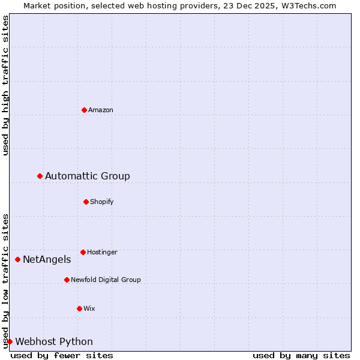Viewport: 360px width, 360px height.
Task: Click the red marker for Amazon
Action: (84, 110)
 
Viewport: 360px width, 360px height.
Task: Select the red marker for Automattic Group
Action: (40, 176)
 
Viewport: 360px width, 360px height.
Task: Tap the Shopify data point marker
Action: (86, 202)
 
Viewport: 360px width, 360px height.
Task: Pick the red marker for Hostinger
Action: (83, 252)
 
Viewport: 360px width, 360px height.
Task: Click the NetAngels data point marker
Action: (17, 259)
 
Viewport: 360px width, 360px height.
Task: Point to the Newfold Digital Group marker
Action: (67, 280)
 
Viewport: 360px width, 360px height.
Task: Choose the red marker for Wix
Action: (79, 308)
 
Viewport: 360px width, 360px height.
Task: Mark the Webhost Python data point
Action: (10, 341)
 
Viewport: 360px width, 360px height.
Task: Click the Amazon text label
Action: (101, 110)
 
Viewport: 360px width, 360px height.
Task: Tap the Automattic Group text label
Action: (88, 176)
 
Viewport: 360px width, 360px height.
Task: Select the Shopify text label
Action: (102, 202)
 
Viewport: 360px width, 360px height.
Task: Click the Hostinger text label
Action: (103, 252)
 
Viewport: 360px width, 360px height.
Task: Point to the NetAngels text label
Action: (47, 259)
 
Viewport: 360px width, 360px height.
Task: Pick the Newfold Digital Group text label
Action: (106, 280)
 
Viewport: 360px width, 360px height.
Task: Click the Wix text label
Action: (89, 308)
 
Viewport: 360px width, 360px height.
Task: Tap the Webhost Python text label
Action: (54, 341)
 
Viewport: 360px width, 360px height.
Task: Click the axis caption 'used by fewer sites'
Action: (62, 355)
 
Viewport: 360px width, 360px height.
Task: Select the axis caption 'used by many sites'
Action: (301, 355)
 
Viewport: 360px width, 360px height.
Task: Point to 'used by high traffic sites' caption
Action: (5, 86)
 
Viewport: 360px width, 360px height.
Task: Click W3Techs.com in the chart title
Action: (306, 5)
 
